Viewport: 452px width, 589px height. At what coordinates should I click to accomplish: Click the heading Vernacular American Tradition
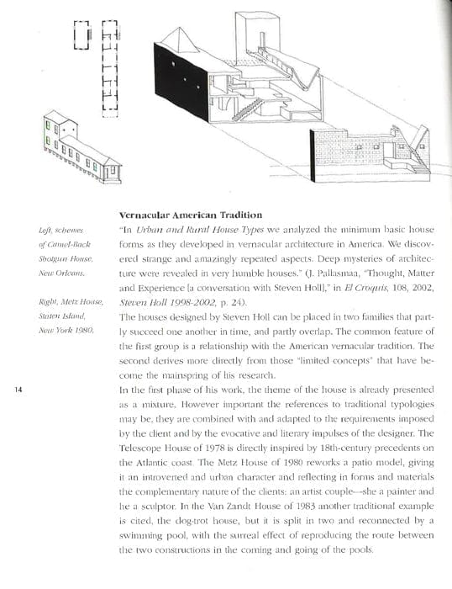[192, 214]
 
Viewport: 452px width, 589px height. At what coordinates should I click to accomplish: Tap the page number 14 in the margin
[19, 389]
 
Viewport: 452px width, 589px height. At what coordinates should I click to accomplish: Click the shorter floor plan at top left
[81, 36]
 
